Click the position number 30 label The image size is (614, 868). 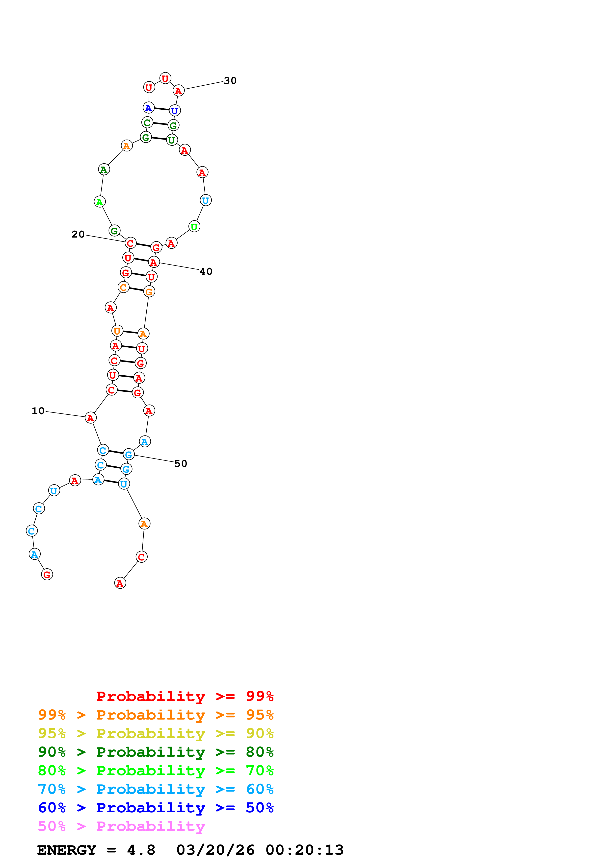click(230, 80)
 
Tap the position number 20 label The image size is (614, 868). click(78, 234)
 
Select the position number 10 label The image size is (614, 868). click(38, 411)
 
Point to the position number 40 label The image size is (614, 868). click(206, 271)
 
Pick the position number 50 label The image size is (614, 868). click(181, 464)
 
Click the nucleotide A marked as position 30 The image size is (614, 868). click(178, 91)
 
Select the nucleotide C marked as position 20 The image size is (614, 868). click(130, 243)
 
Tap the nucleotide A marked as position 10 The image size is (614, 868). click(90, 418)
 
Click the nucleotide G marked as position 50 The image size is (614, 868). click(129, 455)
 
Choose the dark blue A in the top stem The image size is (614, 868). click(148, 108)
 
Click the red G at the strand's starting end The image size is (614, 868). click(47, 575)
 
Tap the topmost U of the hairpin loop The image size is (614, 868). click(165, 78)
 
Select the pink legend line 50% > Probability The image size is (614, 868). click(121, 826)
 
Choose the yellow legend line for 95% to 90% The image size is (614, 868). click(156, 733)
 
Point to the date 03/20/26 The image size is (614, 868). click(215, 850)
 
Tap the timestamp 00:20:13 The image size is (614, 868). click(305, 850)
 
